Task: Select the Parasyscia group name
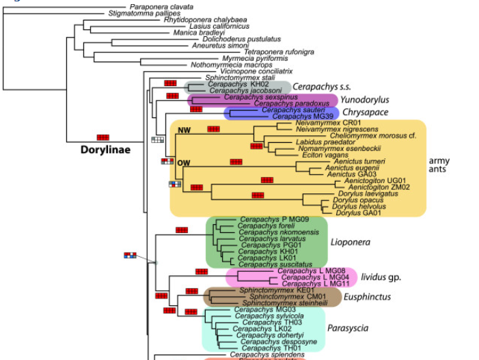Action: [348, 329]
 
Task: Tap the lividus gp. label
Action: [381, 277]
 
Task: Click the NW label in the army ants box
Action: [183, 130]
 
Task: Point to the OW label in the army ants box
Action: [183, 164]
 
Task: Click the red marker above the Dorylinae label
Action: [102, 138]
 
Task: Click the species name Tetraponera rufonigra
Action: [279, 52]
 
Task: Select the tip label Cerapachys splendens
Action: [263, 355]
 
